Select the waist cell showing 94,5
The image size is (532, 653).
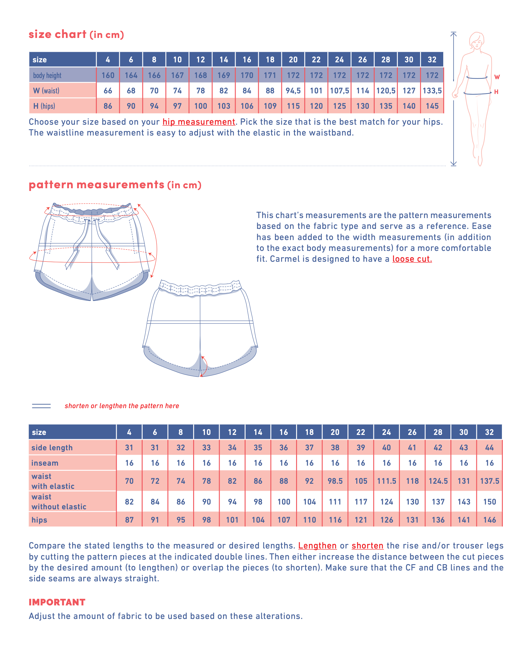(293, 91)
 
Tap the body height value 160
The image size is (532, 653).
(108, 76)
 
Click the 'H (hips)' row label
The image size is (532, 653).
(44, 106)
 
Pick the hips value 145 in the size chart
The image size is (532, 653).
(432, 106)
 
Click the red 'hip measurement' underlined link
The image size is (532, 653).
(199, 122)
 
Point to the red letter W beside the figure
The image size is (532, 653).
(497, 77)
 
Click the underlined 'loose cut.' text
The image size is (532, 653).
(412, 259)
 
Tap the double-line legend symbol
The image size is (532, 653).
(41, 406)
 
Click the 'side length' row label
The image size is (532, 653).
(52, 448)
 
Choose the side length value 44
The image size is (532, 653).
(489, 448)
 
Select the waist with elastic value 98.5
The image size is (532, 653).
(335, 481)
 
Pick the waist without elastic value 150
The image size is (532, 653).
(489, 502)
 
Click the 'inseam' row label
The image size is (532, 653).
(45, 463)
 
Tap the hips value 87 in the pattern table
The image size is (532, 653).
(129, 520)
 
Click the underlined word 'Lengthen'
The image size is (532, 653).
(317, 546)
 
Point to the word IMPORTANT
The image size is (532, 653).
(57, 602)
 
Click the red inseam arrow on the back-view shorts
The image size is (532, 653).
(206, 366)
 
